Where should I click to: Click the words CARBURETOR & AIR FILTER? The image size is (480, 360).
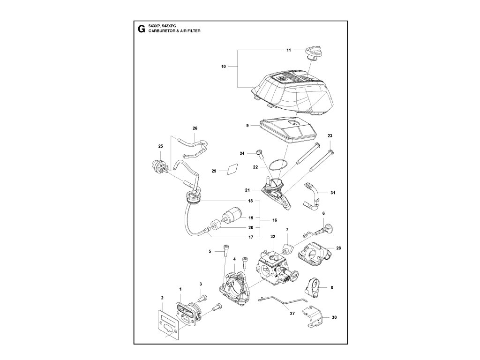pos(177,31)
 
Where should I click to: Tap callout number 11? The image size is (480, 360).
pos(289,50)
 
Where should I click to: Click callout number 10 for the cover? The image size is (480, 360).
pos(224,67)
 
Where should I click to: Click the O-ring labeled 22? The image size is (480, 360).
pos(277,165)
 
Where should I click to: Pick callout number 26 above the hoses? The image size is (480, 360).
pos(195,128)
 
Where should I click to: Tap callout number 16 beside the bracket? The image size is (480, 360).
pos(274,220)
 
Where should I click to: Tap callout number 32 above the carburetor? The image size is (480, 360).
pos(272,237)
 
